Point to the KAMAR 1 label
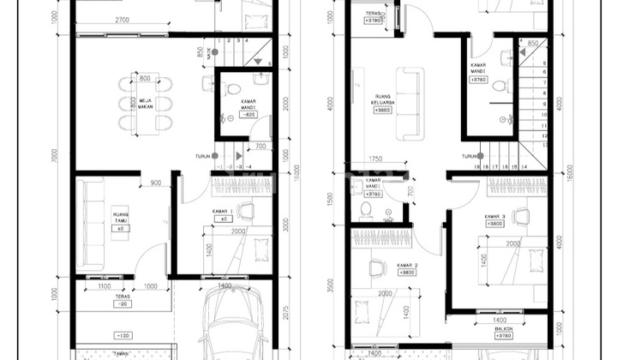click(x=224, y=211)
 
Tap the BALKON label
click(x=502, y=328)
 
